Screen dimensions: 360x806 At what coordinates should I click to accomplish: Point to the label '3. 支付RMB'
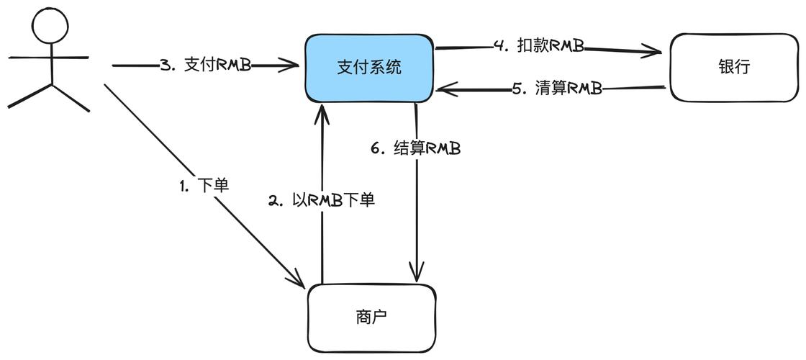tap(206, 65)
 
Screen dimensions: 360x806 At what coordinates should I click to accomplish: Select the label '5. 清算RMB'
tap(557, 89)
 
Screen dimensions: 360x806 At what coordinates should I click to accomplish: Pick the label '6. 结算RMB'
tap(416, 149)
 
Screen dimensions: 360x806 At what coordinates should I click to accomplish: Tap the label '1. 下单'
tap(204, 186)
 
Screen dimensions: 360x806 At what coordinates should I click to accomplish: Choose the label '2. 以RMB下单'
tap(322, 201)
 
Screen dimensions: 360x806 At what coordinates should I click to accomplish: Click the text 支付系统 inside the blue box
tap(369, 68)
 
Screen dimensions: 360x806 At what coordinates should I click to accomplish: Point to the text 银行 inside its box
tap(734, 67)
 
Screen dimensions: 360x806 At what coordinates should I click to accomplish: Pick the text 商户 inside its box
tap(372, 317)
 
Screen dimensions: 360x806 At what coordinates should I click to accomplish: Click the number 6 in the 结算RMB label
tap(375, 149)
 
